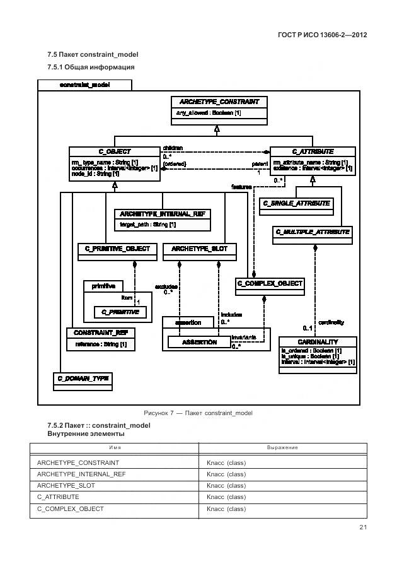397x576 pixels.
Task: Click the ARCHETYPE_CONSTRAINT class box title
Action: pos(219,102)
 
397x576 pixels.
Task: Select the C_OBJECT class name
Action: pos(115,151)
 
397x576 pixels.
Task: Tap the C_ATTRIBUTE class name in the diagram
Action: pos(313,151)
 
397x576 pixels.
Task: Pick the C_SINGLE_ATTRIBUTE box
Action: pos(296,203)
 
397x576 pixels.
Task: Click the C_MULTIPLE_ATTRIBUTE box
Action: pos(313,232)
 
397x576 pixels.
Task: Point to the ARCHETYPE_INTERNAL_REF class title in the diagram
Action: pos(162,215)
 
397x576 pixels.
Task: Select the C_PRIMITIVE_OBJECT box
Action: pos(117,249)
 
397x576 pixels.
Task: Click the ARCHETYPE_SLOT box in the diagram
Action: pos(199,249)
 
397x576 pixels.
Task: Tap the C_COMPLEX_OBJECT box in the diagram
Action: pos(270,284)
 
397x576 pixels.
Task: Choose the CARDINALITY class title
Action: pos(318,341)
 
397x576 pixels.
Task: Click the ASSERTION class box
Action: pos(198,342)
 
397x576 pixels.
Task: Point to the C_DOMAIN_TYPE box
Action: pos(83,378)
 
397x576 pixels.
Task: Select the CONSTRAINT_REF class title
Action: pos(100,332)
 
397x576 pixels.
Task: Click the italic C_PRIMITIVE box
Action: pos(120,311)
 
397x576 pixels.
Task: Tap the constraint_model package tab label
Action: pos(84,85)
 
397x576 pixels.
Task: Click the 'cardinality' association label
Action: pos(330,322)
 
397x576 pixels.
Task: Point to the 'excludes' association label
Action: pos(166,286)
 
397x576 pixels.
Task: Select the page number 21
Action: pos(363,527)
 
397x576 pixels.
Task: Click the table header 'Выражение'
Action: pos(282,447)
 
